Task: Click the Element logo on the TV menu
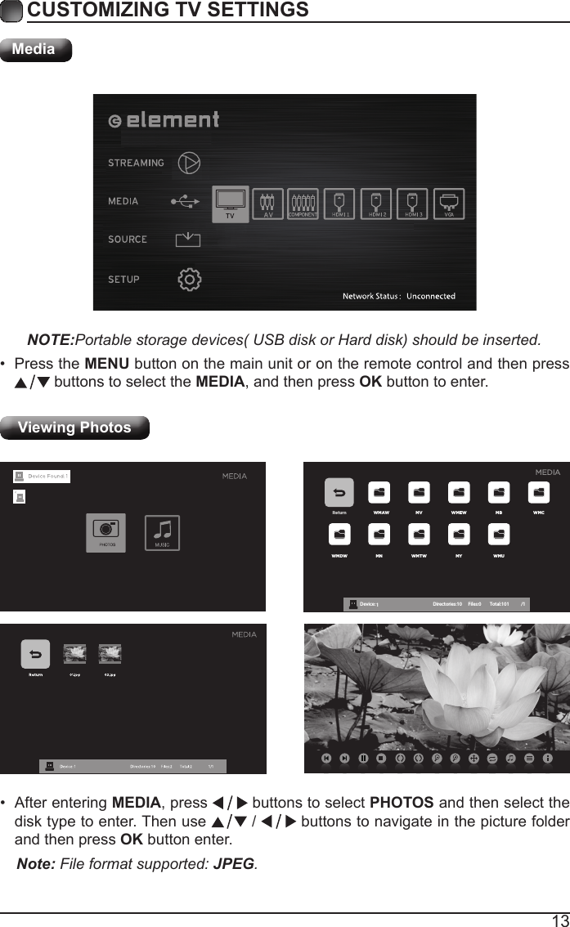point(164,120)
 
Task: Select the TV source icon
point(230,204)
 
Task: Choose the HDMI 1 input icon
point(339,204)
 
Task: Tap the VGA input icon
point(448,204)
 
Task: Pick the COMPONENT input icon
point(303,204)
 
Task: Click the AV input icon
point(267,204)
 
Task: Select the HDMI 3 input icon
point(413,204)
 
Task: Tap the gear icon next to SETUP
point(190,279)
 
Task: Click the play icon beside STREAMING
point(189,162)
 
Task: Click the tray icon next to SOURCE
point(188,240)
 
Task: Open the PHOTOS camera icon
point(106,531)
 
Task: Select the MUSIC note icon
point(162,531)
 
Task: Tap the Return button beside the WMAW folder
point(339,494)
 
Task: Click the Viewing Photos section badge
point(74,428)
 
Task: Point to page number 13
point(559,920)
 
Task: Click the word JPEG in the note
point(233,864)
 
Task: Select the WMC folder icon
point(538,493)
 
